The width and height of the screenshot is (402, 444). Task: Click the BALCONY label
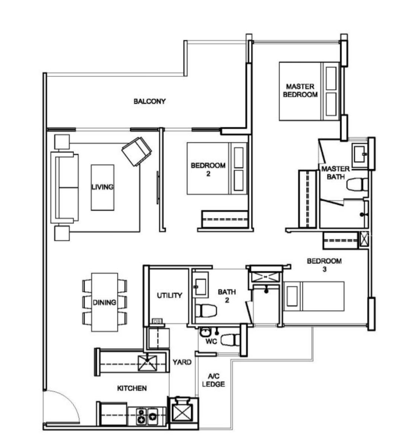pyautogui.click(x=149, y=101)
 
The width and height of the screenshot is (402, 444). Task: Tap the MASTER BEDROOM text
pyautogui.click(x=300, y=91)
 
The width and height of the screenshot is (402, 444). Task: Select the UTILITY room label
pyautogui.click(x=169, y=295)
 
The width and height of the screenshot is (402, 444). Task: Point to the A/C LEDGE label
pyautogui.click(x=214, y=380)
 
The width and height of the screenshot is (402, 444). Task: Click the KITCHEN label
pyautogui.click(x=132, y=388)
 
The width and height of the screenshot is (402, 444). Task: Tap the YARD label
pyautogui.click(x=182, y=362)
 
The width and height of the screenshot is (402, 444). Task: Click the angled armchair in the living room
pyautogui.click(x=137, y=151)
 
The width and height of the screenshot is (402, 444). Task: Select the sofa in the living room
pyautogui.click(x=64, y=187)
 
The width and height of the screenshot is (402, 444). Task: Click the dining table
pyautogui.click(x=104, y=302)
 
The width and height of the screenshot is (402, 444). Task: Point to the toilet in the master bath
pyautogui.click(x=357, y=185)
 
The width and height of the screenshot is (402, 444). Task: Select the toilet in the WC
pyautogui.click(x=230, y=340)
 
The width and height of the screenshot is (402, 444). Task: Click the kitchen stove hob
pyautogui.click(x=147, y=416)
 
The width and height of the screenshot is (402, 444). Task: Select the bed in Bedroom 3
pyautogui.click(x=314, y=296)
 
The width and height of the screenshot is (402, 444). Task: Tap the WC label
pyautogui.click(x=211, y=342)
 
